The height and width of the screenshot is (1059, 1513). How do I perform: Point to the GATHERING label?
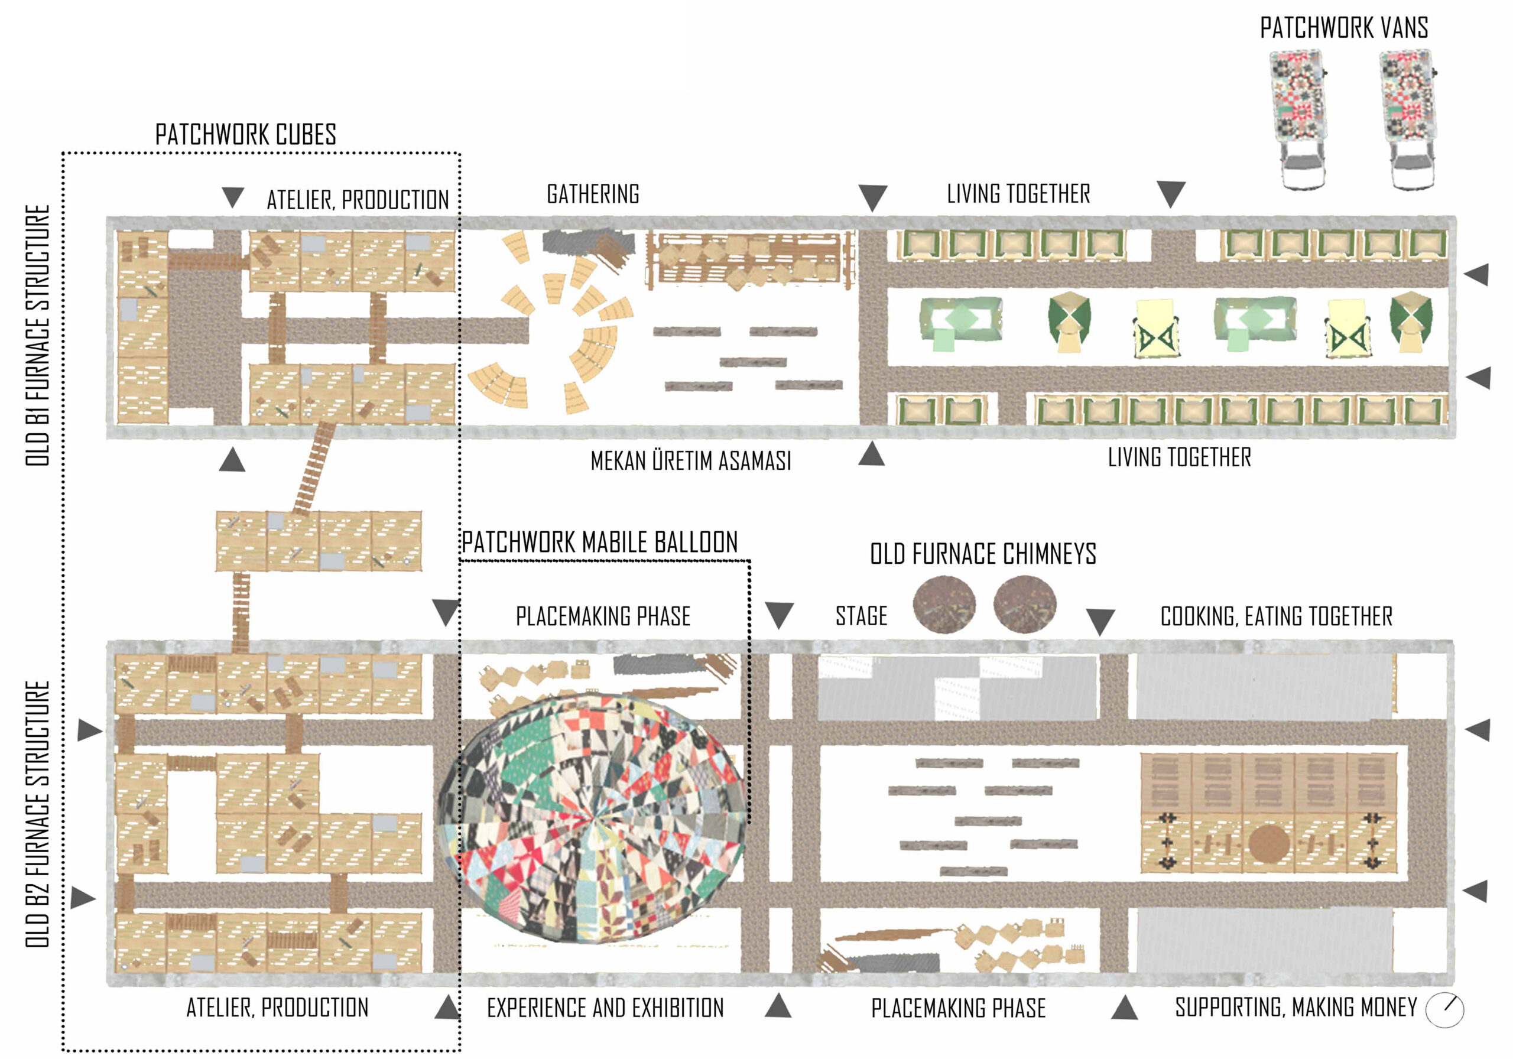[x=593, y=194]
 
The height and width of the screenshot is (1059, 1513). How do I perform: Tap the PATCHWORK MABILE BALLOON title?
[x=599, y=543]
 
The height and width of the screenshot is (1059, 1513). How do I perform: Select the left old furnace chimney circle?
[x=944, y=605]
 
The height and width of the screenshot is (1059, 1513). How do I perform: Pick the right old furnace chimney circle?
[x=1025, y=605]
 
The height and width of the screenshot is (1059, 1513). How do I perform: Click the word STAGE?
[x=861, y=616]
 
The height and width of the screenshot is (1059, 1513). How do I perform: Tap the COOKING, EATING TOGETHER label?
[x=1277, y=617]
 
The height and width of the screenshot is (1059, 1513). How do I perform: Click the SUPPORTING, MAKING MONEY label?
[x=1296, y=1008]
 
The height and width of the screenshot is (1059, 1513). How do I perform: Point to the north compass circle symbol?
[x=1444, y=1009]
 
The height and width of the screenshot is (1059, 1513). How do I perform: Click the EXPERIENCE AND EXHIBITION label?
[x=605, y=1008]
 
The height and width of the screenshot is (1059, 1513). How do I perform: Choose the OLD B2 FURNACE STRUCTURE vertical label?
[x=38, y=814]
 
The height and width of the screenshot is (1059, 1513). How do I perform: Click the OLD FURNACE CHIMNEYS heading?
[x=983, y=554]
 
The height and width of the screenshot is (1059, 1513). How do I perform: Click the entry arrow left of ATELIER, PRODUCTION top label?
[x=233, y=196]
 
